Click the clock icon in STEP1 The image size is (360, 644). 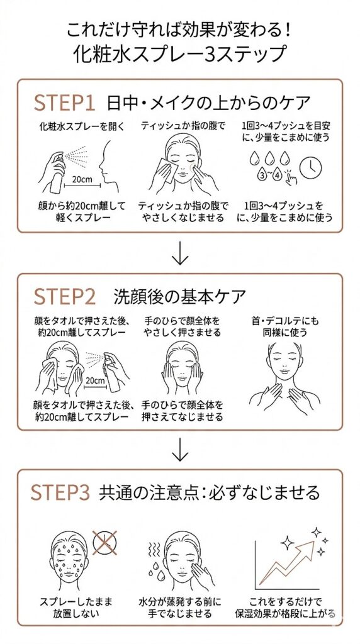coord(309,166)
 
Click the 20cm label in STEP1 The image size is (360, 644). coord(82,179)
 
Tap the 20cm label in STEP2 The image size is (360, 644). coord(94,380)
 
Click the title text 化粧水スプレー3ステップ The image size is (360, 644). coord(179,55)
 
